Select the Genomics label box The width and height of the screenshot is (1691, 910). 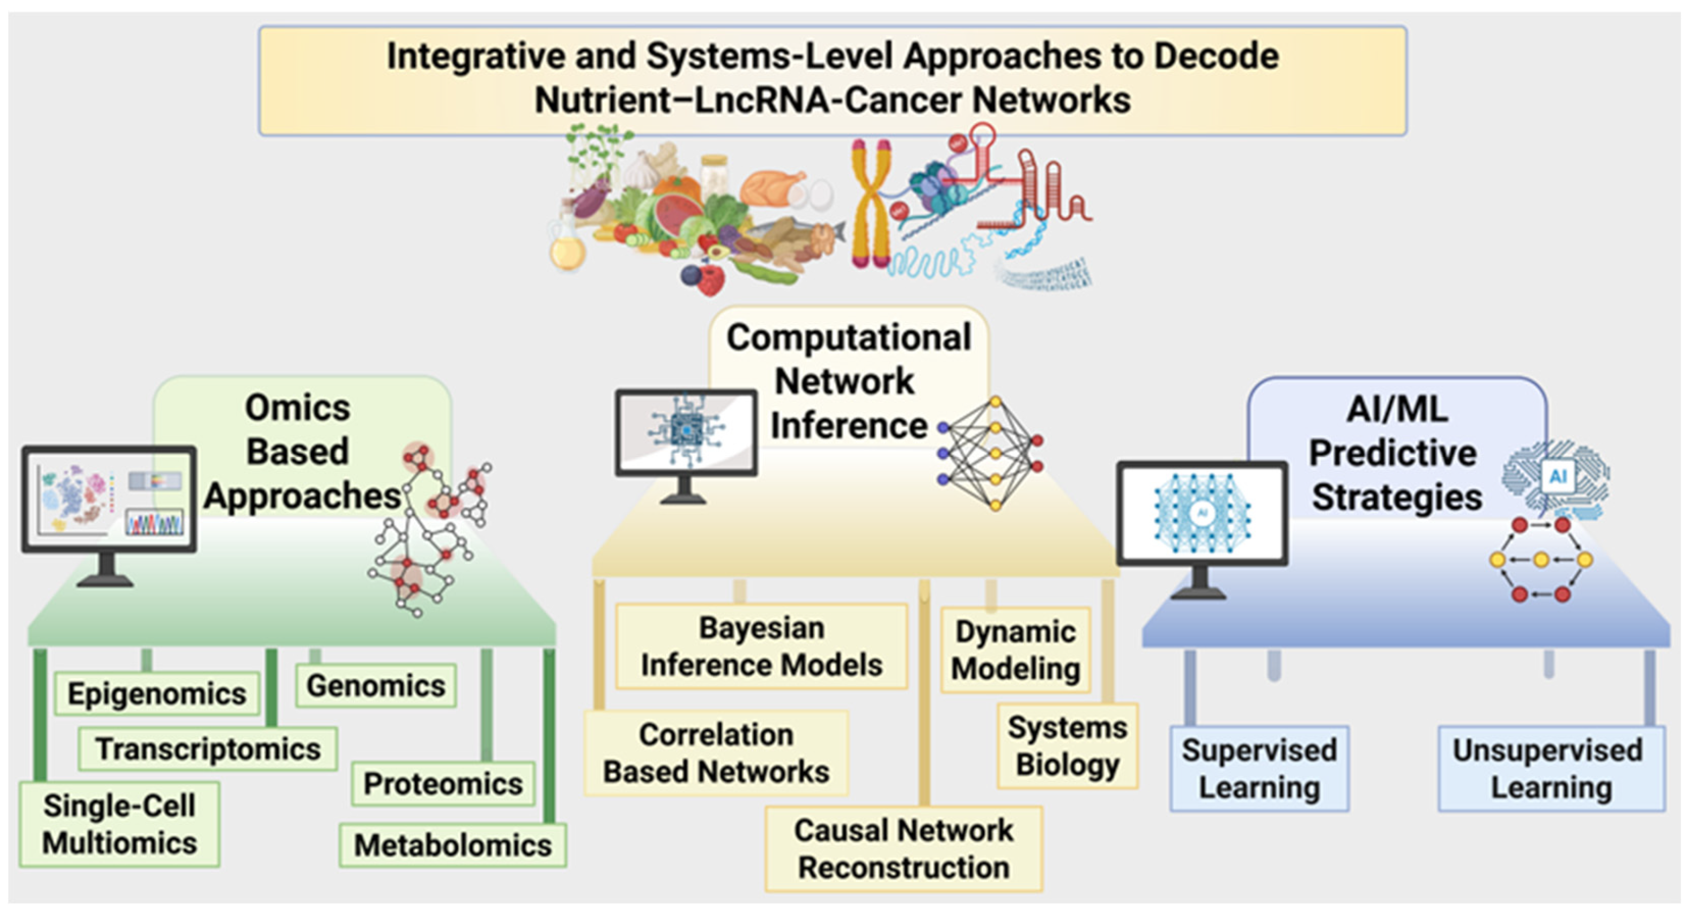point(376,686)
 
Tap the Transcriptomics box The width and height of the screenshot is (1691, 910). point(208,748)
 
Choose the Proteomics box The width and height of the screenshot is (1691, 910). point(443,783)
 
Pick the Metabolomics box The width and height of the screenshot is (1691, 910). point(453,845)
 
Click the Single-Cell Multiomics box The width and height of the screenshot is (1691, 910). point(119,824)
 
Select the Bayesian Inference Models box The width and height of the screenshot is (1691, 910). point(761,646)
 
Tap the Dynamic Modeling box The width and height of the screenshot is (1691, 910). point(1016,650)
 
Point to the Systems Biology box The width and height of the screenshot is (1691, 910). point(1067,746)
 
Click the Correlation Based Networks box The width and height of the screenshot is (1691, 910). point(716,753)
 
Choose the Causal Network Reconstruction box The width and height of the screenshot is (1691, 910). point(903,849)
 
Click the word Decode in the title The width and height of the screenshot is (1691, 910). point(1216,56)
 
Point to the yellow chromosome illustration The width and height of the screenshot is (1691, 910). point(870,204)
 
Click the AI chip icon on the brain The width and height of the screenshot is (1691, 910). point(1557,476)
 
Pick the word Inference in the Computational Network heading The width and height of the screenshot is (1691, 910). point(848,425)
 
